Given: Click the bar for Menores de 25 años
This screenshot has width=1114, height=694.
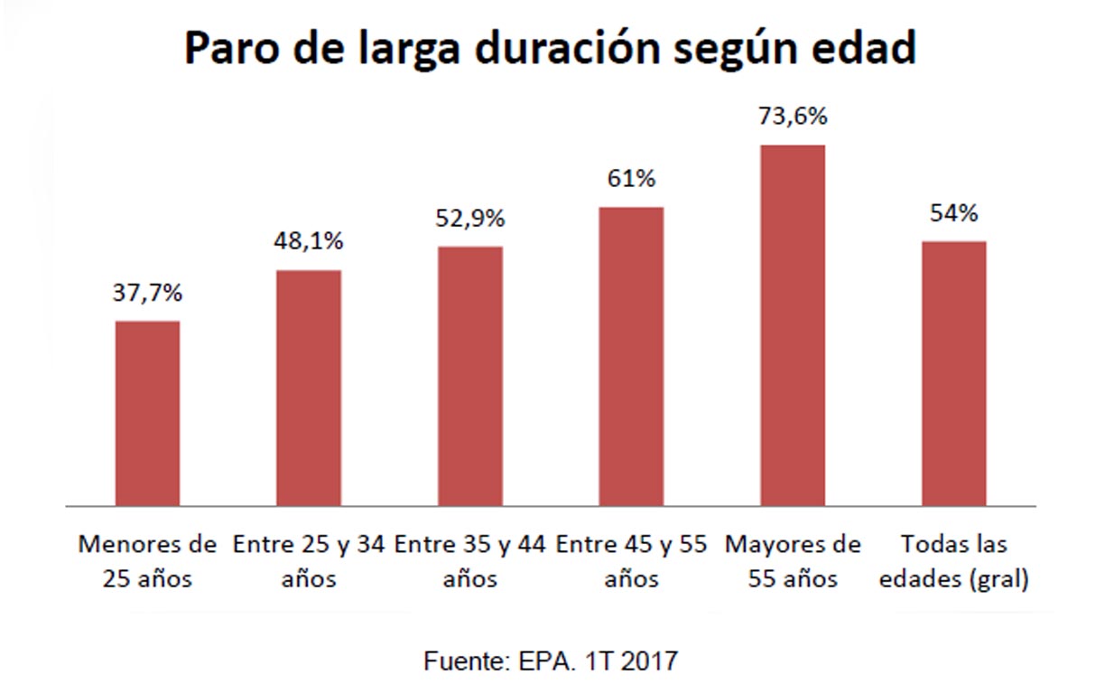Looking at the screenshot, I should point(148,413).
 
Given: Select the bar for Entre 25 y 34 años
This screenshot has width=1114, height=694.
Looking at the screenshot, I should point(309,388).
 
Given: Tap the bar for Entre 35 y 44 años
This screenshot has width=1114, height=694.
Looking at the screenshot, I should point(470,376).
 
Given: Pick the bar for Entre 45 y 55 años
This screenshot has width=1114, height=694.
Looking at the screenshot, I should point(631,356).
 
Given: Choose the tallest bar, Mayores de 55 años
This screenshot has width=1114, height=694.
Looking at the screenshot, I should point(793,325).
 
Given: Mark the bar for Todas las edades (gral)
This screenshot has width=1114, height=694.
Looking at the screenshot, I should point(953,373).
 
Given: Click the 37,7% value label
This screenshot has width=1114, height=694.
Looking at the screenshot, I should point(148,294).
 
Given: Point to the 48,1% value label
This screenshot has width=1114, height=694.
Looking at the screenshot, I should point(309,242).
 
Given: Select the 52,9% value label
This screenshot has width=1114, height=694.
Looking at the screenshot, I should point(470,218).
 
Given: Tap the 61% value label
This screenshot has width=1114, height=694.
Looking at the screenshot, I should point(631,179).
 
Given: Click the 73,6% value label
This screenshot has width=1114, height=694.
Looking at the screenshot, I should point(793,117).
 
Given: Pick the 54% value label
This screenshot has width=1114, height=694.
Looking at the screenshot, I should point(953,213).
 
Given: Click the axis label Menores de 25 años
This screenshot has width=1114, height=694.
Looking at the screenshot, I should point(148,561).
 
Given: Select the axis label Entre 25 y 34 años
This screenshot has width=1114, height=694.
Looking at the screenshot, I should point(309,561).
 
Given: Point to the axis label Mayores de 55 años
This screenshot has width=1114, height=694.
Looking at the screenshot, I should point(793,561).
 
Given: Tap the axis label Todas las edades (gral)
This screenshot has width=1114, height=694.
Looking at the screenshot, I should point(953,561).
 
